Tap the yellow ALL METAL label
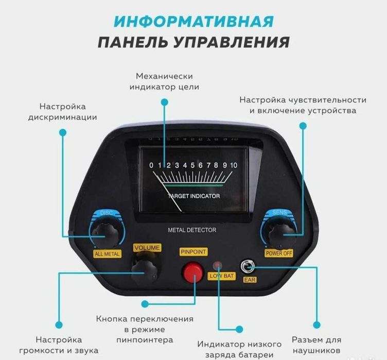[x=107, y=254]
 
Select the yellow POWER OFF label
[x=278, y=253]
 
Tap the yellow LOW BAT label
[x=222, y=276]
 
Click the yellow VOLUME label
[x=147, y=248]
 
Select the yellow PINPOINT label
[x=193, y=252]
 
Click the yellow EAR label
[x=250, y=280]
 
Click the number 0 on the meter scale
[x=151, y=165]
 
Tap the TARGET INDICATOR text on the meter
[x=193, y=196]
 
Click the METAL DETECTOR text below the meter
[x=192, y=230]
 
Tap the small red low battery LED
[x=218, y=266]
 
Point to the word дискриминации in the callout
[x=63, y=117]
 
